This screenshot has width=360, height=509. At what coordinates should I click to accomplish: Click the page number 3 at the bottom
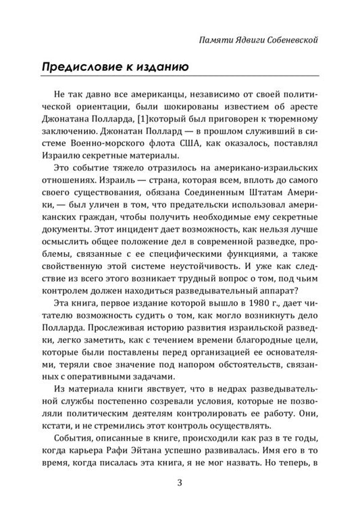pyautogui.click(x=180, y=482)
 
